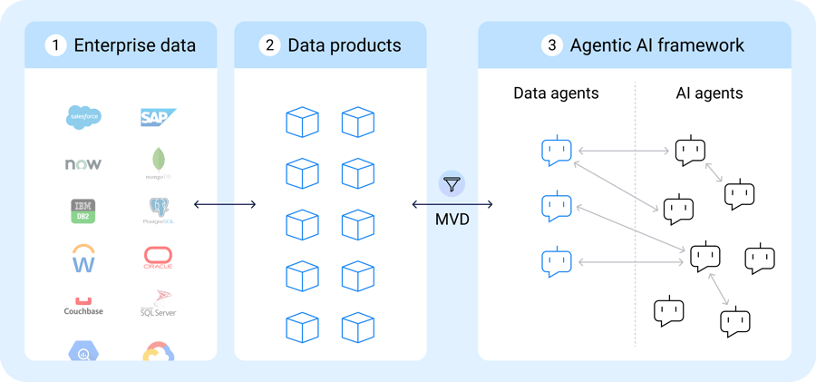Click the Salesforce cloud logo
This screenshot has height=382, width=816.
(x=83, y=117)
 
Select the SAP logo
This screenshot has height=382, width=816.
(x=158, y=117)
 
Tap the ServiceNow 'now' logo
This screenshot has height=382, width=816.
(x=83, y=164)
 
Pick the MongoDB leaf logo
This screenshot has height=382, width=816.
(x=159, y=162)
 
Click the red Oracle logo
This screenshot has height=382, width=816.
(x=158, y=259)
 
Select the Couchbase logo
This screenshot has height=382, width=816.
(x=83, y=307)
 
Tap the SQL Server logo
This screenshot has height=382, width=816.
(x=158, y=304)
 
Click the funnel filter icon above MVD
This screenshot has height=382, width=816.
(x=452, y=184)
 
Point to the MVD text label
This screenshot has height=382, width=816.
(x=452, y=220)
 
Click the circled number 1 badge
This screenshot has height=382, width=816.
(x=56, y=45)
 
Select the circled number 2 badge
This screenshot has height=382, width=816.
(x=269, y=45)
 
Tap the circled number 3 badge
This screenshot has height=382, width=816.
(x=551, y=45)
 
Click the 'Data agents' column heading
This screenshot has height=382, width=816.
(x=556, y=93)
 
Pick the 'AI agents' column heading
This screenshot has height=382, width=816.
(x=710, y=93)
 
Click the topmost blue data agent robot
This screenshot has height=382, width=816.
(x=555, y=151)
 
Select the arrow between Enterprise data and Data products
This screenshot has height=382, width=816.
(x=225, y=205)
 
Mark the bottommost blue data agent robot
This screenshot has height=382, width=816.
(x=555, y=262)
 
